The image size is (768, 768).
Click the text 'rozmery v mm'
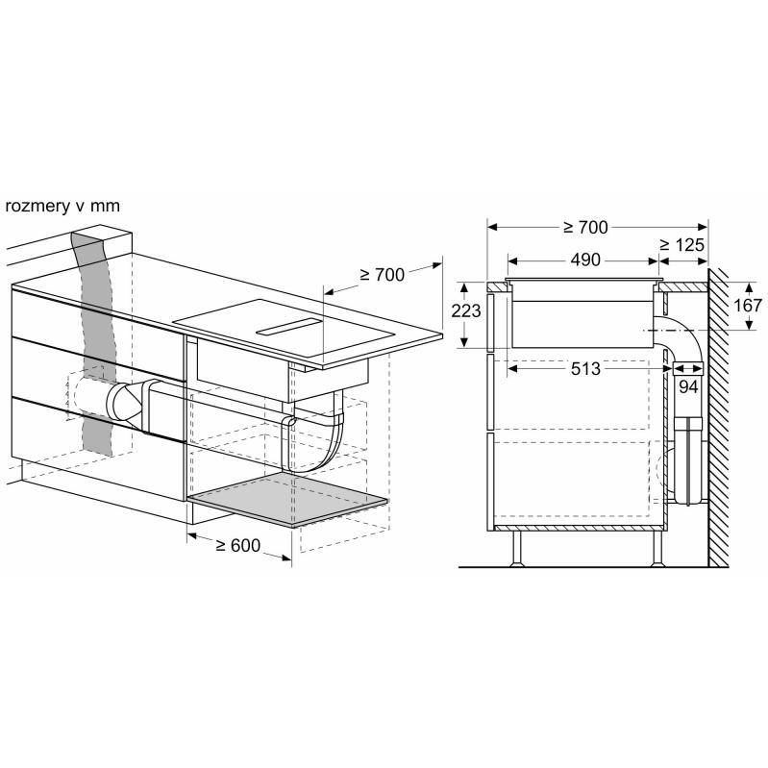[x=62, y=207]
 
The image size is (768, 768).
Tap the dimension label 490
[x=584, y=260]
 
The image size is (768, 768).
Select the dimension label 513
[x=585, y=368]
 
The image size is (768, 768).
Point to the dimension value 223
[x=466, y=310]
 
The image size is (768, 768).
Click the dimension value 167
[x=748, y=305]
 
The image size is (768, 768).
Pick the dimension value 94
[x=687, y=387]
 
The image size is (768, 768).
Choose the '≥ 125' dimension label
[x=681, y=244]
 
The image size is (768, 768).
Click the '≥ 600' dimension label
[x=238, y=545]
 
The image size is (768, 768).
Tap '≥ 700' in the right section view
[x=585, y=227]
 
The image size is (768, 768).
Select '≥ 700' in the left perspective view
[x=383, y=275]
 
